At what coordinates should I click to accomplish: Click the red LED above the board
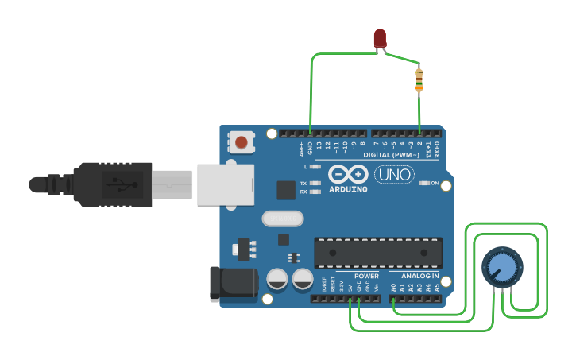coord(380,37)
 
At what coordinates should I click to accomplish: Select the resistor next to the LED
coord(419,79)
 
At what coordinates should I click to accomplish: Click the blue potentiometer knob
coord(502,266)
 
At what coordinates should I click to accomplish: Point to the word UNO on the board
coord(394,174)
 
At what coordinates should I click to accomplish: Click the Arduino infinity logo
coord(347,174)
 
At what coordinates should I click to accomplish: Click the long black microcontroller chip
coord(378,253)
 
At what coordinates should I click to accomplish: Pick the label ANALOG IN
coord(420,276)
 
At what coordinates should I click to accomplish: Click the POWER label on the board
coord(365,276)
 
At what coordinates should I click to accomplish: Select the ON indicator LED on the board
coord(423,183)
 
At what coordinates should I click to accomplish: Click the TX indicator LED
coord(316,184)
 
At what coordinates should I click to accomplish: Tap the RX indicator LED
coord(316,192)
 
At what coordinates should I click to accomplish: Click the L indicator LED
coord(316,167)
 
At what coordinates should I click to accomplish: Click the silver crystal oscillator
coord(282,218)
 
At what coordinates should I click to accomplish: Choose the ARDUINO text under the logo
coord(347,189)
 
